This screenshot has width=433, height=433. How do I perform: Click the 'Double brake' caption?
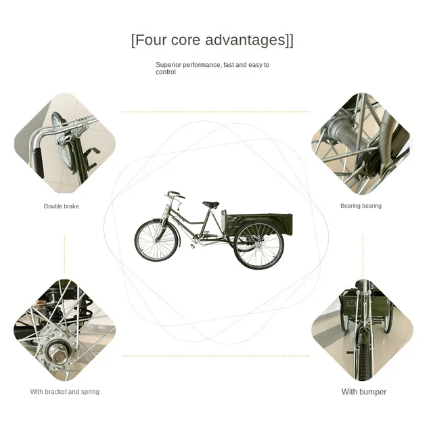pos(62,206)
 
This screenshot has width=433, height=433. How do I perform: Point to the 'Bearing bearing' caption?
pos(361,206)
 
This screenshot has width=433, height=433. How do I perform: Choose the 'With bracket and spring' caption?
pos(64,392)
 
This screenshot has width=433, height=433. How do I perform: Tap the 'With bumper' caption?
pos(364,392)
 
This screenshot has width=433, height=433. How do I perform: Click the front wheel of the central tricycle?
pos(157,241)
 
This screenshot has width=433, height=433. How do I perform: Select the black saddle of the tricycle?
pos(210,204)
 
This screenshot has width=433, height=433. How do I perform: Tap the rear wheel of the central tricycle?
pos(258,246)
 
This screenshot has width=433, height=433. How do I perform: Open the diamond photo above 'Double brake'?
pos(64,143)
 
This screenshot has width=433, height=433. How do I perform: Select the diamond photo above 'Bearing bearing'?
pos(361,143)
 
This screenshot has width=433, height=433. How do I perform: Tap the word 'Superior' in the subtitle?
pos(168,65)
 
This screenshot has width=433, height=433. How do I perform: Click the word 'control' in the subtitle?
pos(166,72)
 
